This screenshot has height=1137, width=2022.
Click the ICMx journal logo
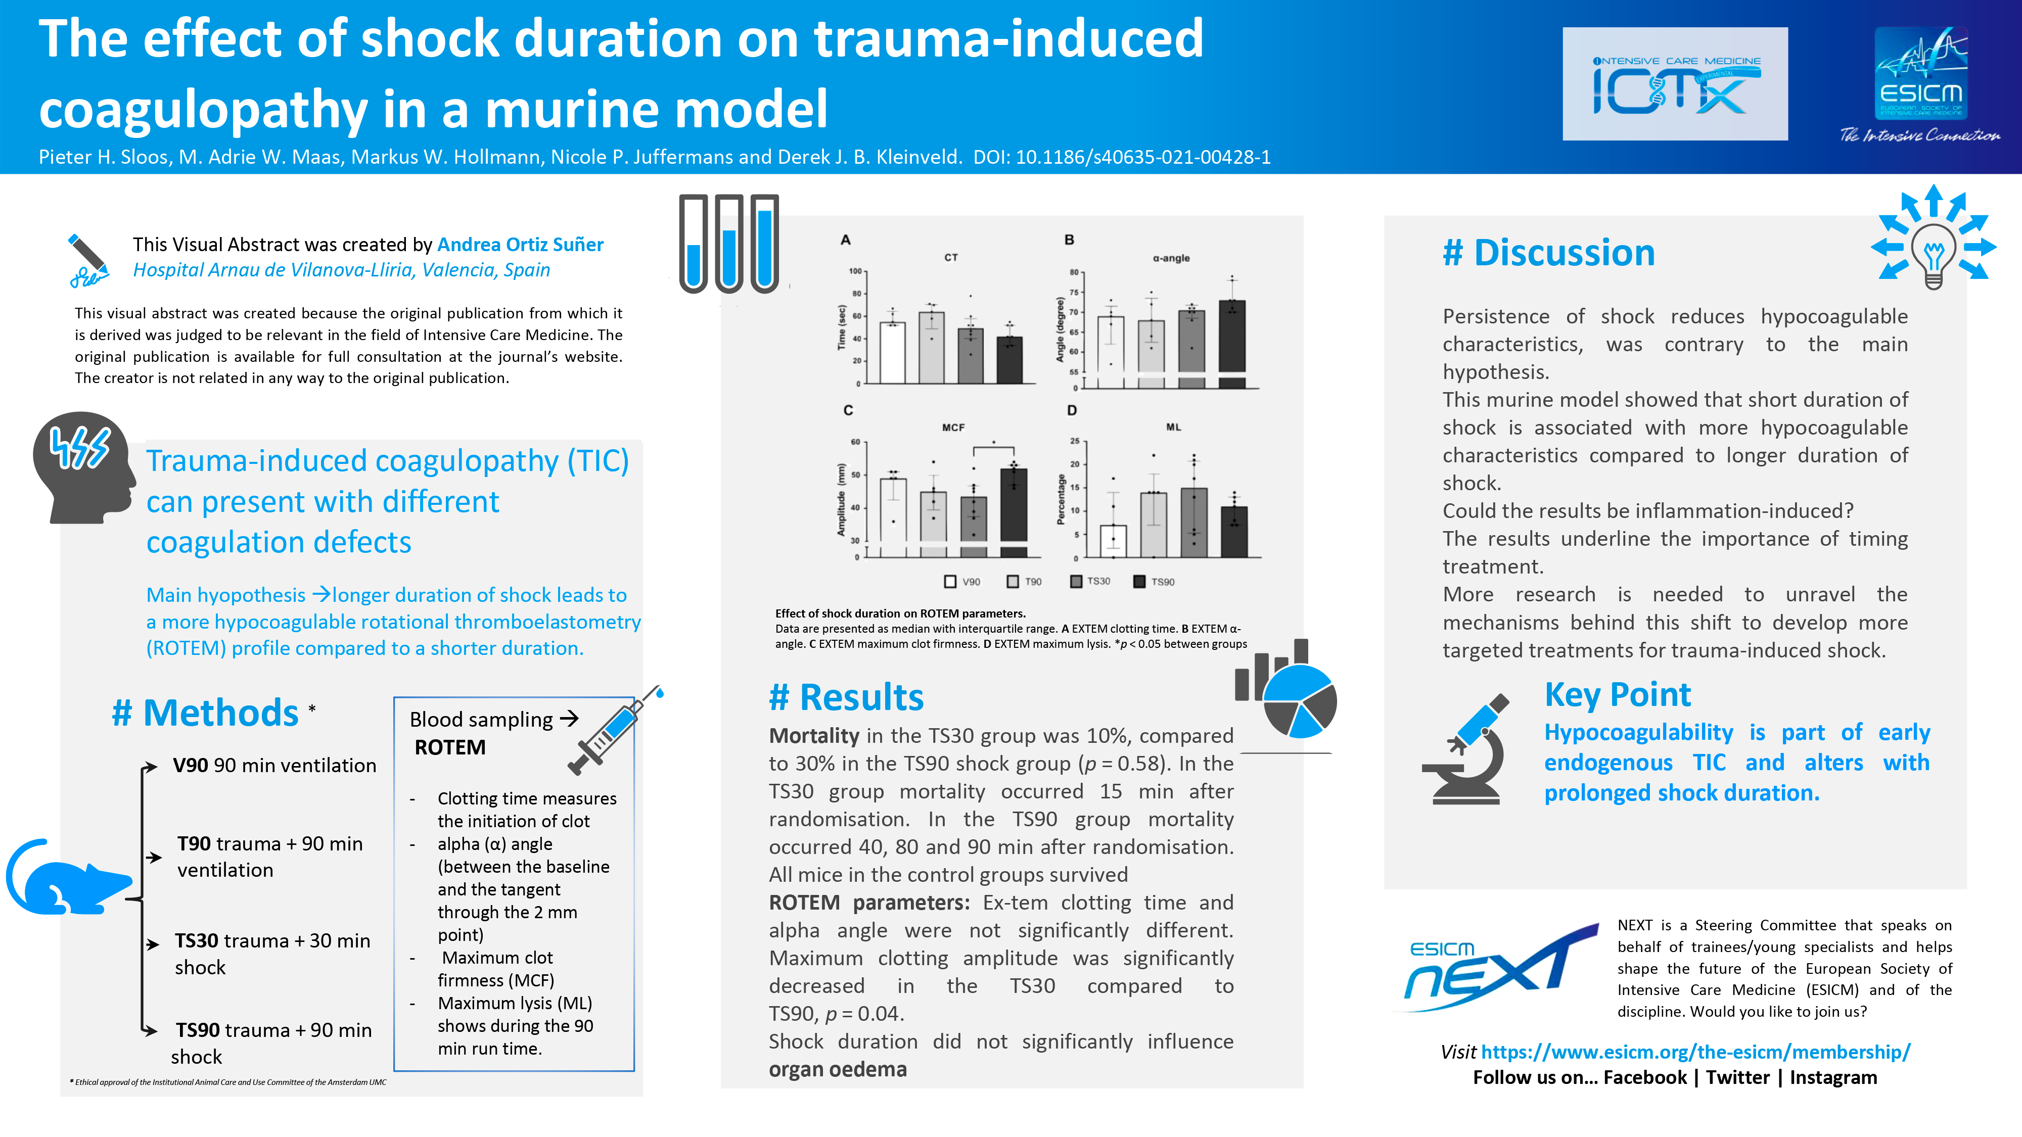point(1675,84)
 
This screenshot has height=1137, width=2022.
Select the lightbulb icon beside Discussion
point(1934,238)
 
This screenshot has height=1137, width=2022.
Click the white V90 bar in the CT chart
point(893,353)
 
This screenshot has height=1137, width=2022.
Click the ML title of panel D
point(1173,428)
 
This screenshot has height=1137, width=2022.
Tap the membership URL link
point(1695,1052)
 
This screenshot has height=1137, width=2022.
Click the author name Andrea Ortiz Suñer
point(521,245)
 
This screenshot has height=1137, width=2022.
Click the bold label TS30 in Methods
point(196,941)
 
